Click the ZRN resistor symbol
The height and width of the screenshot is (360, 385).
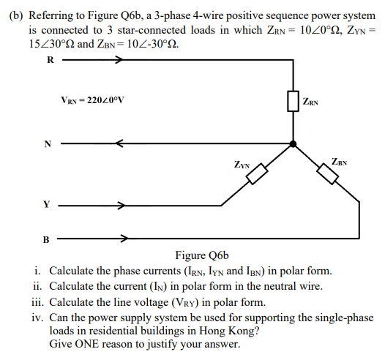293,102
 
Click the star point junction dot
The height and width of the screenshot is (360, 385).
293,143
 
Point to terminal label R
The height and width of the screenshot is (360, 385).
50,61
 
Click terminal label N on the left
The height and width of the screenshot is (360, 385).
50,144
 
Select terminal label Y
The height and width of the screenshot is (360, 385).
50,206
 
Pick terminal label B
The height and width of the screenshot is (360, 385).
50,238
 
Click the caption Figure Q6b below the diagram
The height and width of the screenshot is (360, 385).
203,255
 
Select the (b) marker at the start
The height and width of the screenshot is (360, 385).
16,15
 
